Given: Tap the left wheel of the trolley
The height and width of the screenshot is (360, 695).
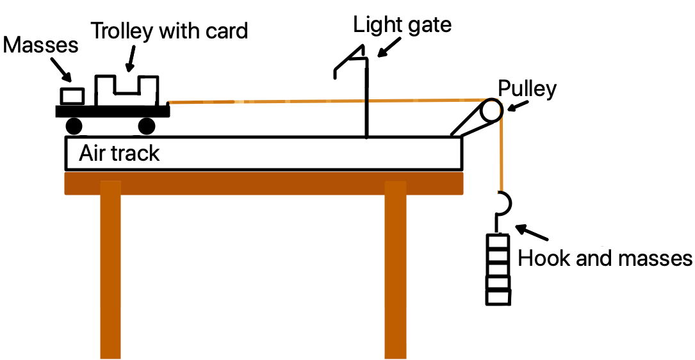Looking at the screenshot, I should coord(73,126).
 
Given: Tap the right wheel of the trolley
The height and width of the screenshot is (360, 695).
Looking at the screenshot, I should coord(147,126).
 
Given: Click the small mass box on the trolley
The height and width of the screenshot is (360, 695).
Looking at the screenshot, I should coord(72,96).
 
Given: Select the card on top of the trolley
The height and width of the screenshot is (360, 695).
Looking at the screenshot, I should coord(126,90).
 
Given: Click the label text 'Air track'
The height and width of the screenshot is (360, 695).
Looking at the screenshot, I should coord(119,154).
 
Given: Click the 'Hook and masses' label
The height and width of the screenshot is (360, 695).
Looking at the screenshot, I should coord(605,259).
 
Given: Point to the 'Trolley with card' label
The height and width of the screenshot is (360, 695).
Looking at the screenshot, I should coord(169,30).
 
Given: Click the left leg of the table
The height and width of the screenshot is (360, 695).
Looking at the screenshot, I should coord(111,269).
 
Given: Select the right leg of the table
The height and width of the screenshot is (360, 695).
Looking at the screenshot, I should coord(395,269).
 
